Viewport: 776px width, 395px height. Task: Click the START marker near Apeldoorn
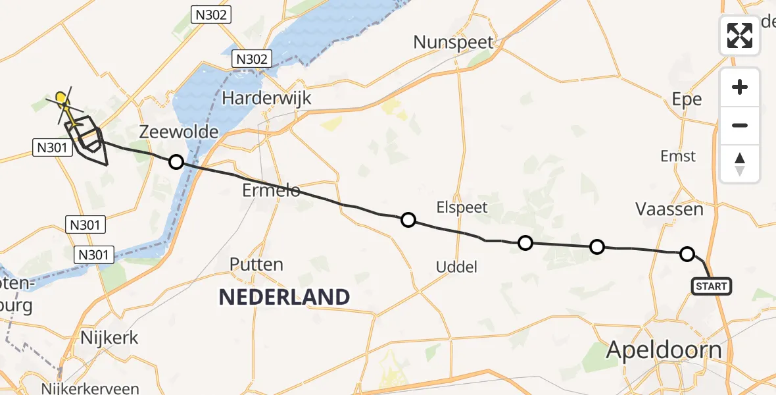pyautogui.click(x=712, y=286)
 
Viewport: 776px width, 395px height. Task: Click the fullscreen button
pyautogui.click(x=740, y=35)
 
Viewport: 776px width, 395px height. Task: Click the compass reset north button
pyautogui.click(x=740, y=164)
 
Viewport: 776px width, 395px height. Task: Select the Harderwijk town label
pyautogui.click(x=266, y=98)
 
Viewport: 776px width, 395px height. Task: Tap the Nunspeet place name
pyautogui.click(x=453, y=43)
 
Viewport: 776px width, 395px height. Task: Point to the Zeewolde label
pyautogui.click(x=179, y=132)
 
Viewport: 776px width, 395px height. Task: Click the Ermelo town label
pyautogui.click(x=270, y=190)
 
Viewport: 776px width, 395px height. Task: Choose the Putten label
pyautogui.click(x=256, y=265)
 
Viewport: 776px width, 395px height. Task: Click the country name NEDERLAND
pyautogui.click(x=284, y=297)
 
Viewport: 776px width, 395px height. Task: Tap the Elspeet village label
pyautogui.click(x=462, y=207)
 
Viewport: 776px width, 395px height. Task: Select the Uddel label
pyautogui.click(x=456, y=267)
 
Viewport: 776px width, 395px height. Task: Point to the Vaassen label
pyautogui.click(x=669, y=209)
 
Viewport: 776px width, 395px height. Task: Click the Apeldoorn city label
pyautogui.click(x=664, y=350)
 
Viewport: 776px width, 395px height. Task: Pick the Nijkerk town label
pyautogui.click(x=109, y=338)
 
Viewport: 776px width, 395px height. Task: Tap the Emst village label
pyautogui.click(x=678, y=156)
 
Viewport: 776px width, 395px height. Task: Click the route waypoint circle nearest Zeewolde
pyautogui.click(x=176, y=161)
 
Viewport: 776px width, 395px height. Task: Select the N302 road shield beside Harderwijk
pyautogui.click(x=252, y=59)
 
